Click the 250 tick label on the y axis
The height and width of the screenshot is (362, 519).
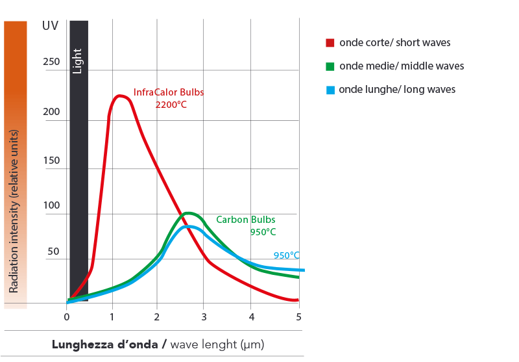click(x=51, y=62)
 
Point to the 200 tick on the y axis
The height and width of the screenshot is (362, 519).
click(x=51, y=112)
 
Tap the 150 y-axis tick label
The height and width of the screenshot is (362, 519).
click(x=51, y=161)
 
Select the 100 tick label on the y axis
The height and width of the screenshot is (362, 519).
click(x=51, y=206)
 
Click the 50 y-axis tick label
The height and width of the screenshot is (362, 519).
click(x=53, y=252)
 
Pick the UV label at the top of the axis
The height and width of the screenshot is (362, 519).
click(x=50, y=27)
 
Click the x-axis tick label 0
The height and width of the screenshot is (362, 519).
click(x=66, y=317)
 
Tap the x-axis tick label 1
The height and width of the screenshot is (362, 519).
click(x=112, y=317)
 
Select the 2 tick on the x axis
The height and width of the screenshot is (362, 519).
click(x=158, y=317)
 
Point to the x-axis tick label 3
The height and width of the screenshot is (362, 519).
click(x=204, y=317)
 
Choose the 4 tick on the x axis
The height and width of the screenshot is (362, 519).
click(x=252, y=317)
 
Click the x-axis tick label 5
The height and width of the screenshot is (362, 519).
click(x=298, y=317)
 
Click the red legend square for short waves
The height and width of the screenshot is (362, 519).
click(x=330, y=44)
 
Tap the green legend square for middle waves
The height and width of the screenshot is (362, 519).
click(x=330, y=66)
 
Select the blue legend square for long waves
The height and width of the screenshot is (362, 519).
click(x=330, y=90)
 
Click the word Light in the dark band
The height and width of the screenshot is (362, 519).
click(x=78, y=60)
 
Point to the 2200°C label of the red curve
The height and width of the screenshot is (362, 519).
click(x=171, y=104)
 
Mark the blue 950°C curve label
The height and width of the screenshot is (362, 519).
click(x=286, y=255)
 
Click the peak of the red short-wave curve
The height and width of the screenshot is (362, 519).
click(x=120, y=96)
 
